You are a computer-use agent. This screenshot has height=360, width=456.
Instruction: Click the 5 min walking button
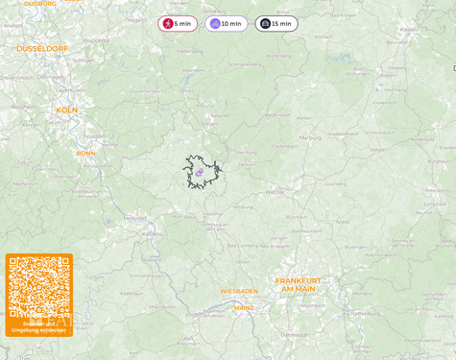[178, 23]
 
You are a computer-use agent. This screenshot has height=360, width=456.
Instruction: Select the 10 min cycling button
[226, 23]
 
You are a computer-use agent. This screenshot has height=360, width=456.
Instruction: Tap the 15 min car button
[276, 23]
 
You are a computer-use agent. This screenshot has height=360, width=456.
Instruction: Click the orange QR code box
[39, 295]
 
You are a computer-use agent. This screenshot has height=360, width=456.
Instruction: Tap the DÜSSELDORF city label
[42, 48]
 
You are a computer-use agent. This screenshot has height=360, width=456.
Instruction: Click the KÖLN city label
[66, 109]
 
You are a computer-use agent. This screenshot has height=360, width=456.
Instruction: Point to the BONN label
[86, 153]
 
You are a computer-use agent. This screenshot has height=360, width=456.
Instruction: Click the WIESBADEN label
[239, 290]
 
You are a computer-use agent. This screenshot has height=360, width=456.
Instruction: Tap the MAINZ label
[245, 308]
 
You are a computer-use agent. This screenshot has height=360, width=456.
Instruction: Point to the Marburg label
[310, 137]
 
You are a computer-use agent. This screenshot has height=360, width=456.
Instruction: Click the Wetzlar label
[276, 191]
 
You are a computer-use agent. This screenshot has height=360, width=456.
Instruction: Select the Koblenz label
[152, 232]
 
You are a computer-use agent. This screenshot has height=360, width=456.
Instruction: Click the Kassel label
[408, 29]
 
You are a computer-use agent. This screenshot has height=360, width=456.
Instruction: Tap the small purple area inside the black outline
[200, 173]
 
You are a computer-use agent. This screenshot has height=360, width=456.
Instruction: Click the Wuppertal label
[96, 40]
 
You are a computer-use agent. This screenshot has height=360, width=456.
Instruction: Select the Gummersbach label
[146, 90]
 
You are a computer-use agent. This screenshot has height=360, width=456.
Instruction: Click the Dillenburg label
[245, 151]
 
